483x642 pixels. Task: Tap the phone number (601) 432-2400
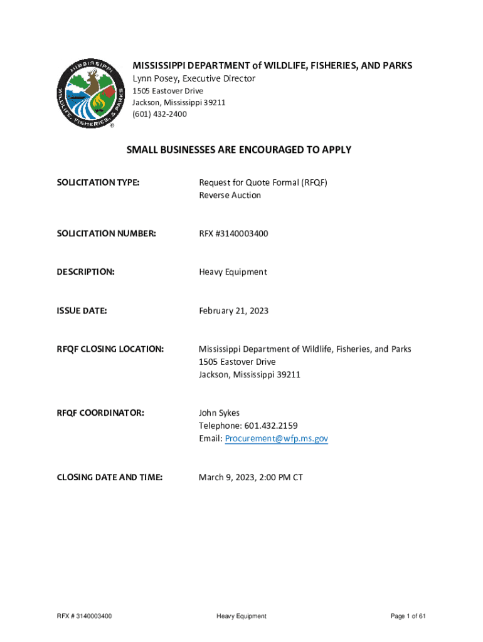(x=159, y=114)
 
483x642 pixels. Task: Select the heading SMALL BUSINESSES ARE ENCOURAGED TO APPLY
(x=239, y=150)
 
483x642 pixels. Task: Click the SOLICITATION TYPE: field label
(x=98, y=182)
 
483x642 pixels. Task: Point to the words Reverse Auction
(x=230, y=195)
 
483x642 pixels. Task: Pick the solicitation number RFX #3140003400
(x=233, y=233)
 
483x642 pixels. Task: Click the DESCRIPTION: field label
(x=86, y=272)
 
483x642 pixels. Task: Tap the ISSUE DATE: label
(x=82, y=310)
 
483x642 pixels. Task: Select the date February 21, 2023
(x=233, y=310)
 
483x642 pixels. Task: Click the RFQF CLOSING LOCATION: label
(x=110, y=349)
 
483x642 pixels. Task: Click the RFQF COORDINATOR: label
(x=100, y=413)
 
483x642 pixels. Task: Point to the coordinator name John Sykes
(x=219, y=413)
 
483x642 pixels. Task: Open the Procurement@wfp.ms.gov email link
(x=276, y=439)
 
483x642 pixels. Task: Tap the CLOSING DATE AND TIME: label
(x=110, y=478)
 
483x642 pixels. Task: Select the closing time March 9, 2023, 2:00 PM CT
(x=251, y=478)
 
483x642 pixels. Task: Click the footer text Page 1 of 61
(x=408, y=616)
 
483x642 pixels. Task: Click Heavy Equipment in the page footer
(x=242, y=616)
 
